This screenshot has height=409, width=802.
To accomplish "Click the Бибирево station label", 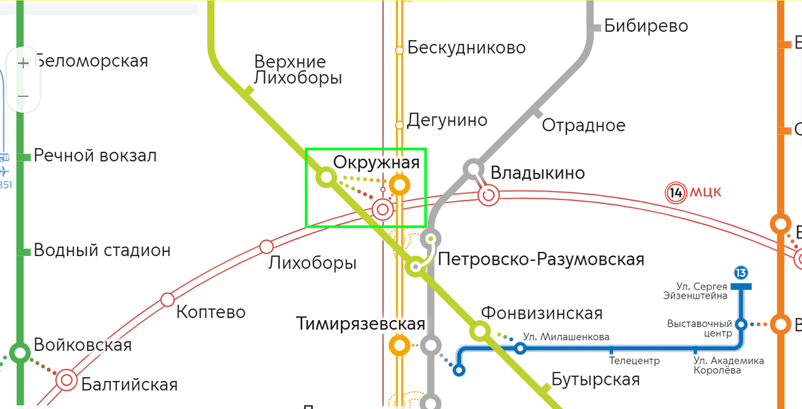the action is [646, 26].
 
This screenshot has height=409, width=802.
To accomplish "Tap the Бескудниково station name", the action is [466, 48].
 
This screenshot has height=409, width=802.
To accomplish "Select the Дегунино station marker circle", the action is [400, 124].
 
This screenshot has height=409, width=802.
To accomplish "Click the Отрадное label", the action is [583, 125].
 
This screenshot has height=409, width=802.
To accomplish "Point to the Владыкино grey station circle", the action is [473, 168].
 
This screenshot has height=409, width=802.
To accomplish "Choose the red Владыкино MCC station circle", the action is [489, 194].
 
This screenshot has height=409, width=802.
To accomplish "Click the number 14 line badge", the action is [676, 193].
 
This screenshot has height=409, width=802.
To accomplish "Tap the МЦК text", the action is [705, 193].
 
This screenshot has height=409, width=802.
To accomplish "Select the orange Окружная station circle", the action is [400, 184].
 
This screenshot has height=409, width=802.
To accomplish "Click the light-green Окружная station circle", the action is [326, 177].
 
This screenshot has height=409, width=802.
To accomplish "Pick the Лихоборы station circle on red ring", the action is [267, 245].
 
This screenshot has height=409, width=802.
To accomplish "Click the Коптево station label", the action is [211, 312].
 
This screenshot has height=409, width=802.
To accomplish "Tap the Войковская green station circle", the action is [20, 352].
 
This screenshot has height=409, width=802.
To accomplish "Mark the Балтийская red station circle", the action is [67, 380].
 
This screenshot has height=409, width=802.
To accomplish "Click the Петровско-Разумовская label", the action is [541, 259].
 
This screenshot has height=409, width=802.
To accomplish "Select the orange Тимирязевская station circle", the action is [400, 346].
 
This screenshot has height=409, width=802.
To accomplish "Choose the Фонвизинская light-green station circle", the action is [480, 329].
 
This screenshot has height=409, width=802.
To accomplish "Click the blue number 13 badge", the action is [741, 273].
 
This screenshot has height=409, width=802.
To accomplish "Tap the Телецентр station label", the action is [634, 361].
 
